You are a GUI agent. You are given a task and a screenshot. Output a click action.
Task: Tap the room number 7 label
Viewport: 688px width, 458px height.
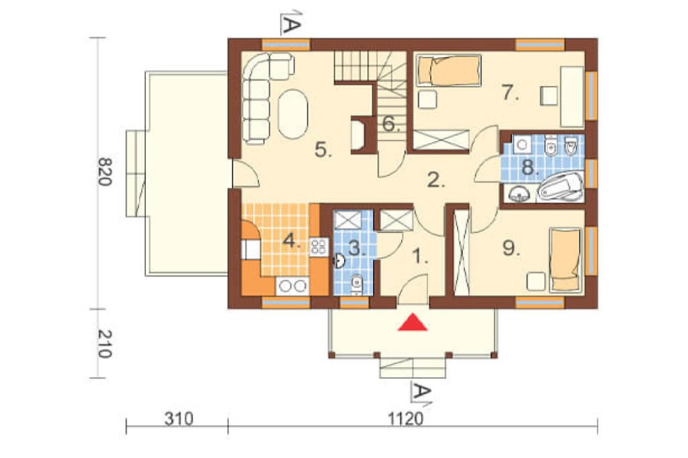(510, 93)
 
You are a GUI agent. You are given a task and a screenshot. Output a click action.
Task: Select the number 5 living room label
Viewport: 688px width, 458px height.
(324, 150)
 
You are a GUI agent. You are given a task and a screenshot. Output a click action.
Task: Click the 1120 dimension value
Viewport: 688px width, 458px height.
(405, 419)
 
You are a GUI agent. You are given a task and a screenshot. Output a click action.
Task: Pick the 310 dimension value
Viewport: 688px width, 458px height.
(179, 419)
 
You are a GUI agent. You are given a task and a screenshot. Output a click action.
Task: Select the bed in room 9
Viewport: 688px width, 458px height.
(566, 259)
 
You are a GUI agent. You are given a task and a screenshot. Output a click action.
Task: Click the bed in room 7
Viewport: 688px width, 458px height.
(448, 70)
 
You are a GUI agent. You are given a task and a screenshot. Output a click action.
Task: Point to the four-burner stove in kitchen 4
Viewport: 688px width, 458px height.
(318, 247)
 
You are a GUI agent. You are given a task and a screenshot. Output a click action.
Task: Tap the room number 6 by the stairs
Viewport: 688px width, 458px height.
(391, 124)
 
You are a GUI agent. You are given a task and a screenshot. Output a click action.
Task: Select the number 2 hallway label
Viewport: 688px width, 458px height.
(436, 180)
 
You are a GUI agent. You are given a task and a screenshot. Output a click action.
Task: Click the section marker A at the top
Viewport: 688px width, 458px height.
(290, 23)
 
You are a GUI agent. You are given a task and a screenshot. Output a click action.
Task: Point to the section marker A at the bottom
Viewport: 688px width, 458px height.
(420, 391)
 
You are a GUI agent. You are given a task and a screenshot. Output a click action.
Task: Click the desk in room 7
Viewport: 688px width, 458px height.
(572, 96)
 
